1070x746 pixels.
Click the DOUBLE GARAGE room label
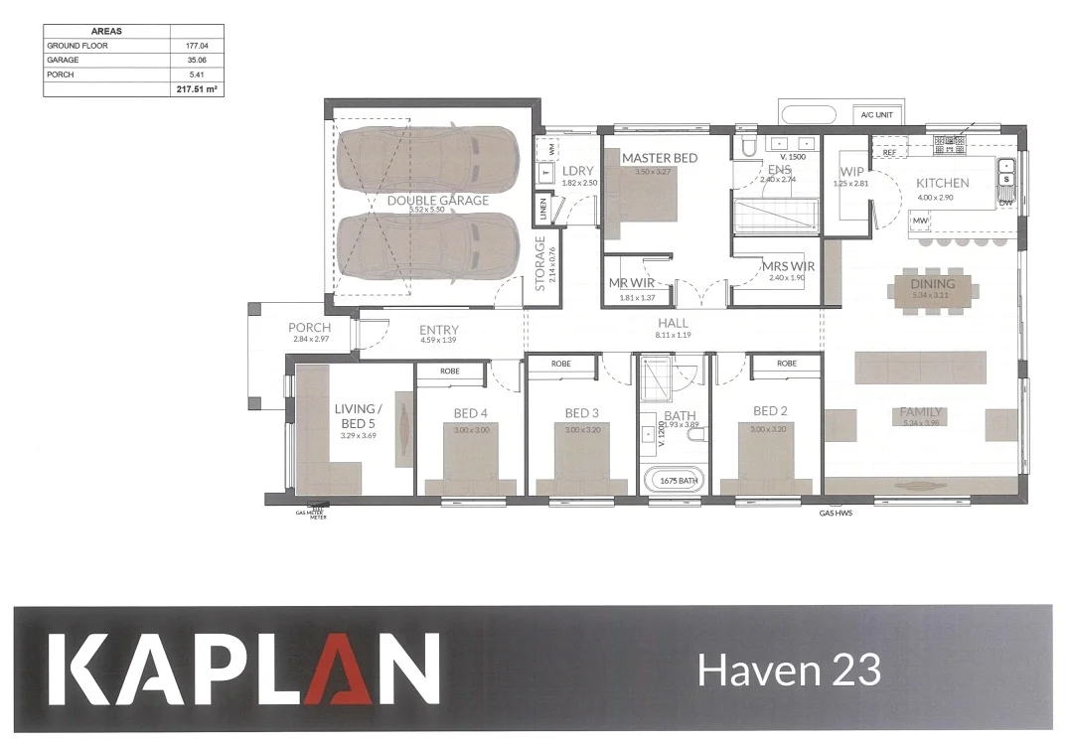437,201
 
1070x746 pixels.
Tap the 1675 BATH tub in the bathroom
677,481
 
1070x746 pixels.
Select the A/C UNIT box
876,115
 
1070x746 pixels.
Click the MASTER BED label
660,158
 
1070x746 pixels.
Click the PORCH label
309,328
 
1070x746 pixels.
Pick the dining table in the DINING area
932,291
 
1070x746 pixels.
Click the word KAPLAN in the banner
243,671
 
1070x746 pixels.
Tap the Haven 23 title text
789,671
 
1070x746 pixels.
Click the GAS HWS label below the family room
836,515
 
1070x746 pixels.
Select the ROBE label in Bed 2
786,364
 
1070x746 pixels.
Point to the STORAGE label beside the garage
540,262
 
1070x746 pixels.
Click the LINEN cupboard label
542,210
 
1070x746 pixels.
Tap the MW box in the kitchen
920,220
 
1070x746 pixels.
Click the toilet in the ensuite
750,147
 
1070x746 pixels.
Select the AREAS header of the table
106,32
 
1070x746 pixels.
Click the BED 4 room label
470,412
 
